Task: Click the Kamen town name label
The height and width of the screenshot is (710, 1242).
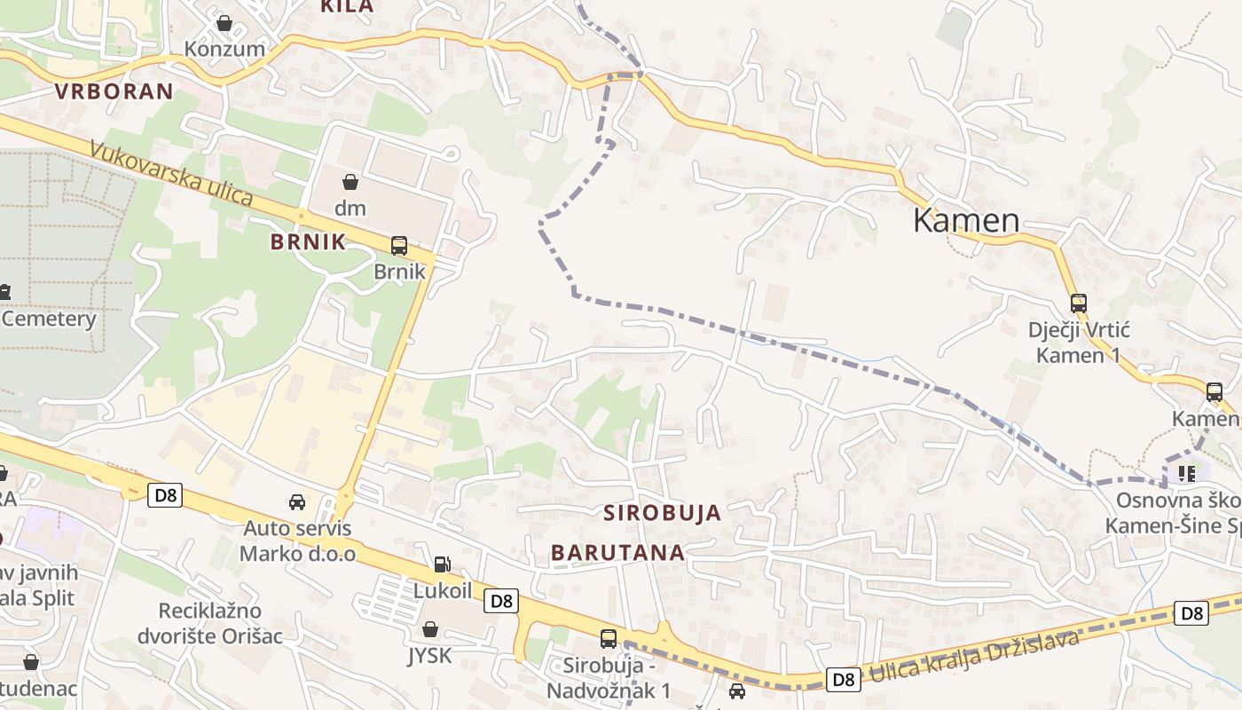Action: (966, 220)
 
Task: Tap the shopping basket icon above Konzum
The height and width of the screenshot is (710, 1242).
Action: (224, 23)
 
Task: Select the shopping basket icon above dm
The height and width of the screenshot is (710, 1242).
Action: (350, 183)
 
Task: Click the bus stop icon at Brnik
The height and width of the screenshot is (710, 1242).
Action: (399, 246)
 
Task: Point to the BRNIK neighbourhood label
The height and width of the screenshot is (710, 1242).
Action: (308, 242)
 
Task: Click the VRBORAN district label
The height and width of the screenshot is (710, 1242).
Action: (114, 91)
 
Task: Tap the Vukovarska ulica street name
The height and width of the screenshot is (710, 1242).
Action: (171, 174)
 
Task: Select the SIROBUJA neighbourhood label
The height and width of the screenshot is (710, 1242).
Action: (662, 513)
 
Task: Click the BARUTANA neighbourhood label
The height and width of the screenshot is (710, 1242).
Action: (617, 553)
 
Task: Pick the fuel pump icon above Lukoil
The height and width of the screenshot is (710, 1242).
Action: (441, 564)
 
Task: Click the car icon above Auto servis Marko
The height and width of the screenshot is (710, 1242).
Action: (297, 502)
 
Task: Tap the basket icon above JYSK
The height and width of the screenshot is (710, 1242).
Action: (430, 629)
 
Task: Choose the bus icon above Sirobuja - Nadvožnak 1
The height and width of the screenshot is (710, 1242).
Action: (609, 638)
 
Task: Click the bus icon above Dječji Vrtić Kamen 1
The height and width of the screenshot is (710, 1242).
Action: (1079, 304)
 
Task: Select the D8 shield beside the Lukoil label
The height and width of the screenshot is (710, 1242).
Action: (501, 601)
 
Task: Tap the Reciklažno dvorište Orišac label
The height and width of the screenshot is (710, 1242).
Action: (209, 623)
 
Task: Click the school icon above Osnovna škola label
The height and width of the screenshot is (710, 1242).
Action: (1186, 474)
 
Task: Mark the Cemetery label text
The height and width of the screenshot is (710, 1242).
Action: (49, 319)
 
